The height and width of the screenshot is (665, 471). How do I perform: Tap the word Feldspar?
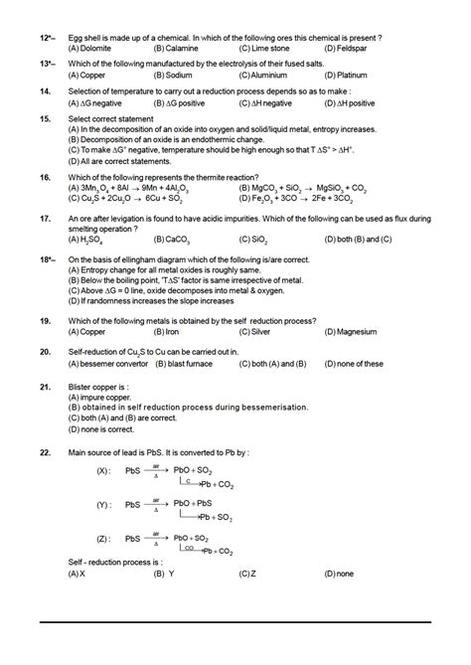click(x=347, y=47)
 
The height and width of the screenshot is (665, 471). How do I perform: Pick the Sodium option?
click(x=178, y=75)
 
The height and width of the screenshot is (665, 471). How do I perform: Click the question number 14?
click(x=45, y=89)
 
